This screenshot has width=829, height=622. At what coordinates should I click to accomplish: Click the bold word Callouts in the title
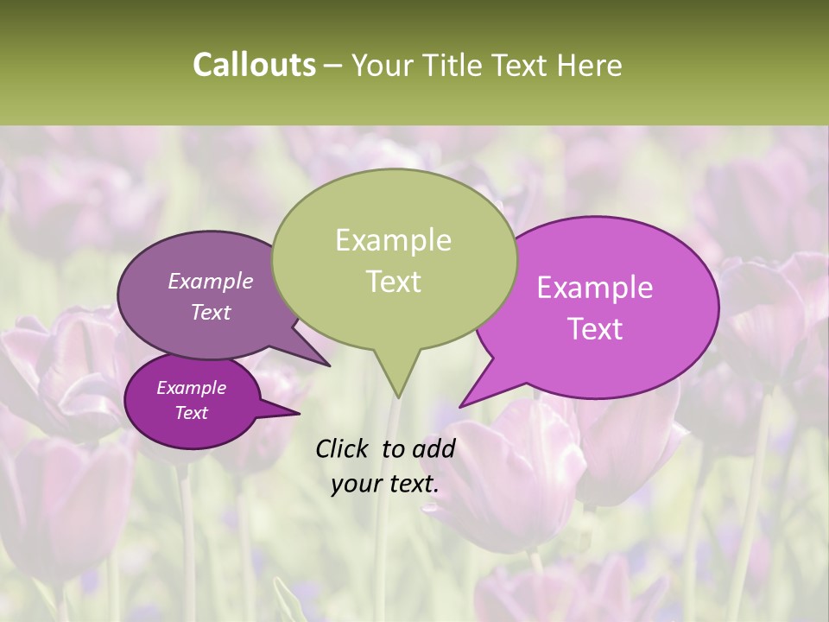pos(254,66)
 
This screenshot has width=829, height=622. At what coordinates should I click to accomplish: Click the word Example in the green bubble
pos(393,240)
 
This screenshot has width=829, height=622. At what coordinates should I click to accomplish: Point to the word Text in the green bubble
pos(394,282)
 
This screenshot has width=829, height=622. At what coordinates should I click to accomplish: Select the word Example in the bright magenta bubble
pos(595,288)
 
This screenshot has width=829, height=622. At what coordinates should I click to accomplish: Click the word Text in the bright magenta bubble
pos(595,329)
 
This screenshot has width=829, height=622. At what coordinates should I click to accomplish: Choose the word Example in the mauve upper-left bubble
pos(211,281)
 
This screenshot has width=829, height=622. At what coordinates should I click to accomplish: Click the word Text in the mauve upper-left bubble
pos(211,312)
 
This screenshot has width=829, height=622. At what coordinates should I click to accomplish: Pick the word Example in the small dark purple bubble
pos(192,388)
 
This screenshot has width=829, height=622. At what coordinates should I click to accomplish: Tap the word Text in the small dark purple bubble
pos(192,413)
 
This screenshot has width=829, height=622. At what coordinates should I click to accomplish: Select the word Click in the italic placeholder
pos(344,448)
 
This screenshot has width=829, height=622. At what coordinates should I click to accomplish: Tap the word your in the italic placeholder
pos(354,485)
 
